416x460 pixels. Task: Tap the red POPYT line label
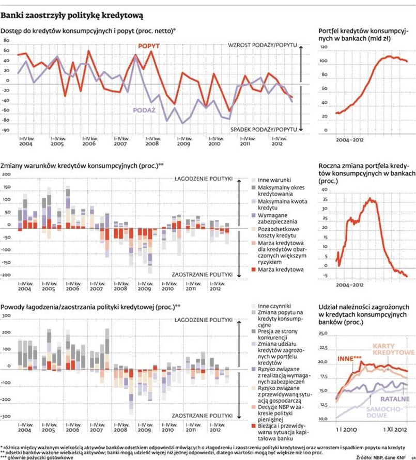coord(149,46)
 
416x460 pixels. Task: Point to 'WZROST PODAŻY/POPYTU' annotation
coord(263,45)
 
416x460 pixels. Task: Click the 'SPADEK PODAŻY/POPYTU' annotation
coord(264,129)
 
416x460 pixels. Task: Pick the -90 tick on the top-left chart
coord(6,130)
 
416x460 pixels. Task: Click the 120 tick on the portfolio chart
coord(325,47)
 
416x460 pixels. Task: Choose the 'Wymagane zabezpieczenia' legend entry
coord(279,217)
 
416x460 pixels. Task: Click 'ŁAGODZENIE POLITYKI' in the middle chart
coord(203,179)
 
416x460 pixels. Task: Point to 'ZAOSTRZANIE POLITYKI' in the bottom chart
coord(202,414)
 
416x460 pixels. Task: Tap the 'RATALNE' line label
coord(395,399)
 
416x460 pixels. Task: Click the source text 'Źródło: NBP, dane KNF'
coord(381,456)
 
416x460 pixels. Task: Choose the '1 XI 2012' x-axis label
coord(395,429)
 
